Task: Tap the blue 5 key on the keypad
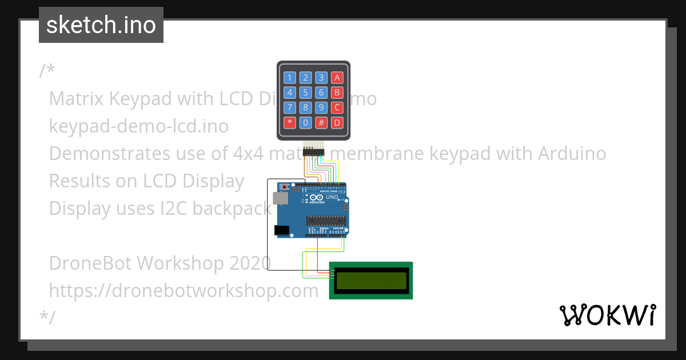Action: (306, 92)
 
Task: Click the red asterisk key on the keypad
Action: (290, 122)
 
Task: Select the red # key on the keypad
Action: (322, 122)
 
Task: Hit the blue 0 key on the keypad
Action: (306, 122)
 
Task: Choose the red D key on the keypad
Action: (337, 122)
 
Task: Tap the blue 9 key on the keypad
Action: (322, 107)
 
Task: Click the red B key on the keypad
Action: (337, 92)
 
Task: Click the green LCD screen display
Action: (371, 280)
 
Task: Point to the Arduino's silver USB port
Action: (280, 198)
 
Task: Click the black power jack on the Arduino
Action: (281, 230)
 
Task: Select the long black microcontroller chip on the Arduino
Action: (326, 220)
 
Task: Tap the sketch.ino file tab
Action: (101, 25)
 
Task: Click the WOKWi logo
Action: (607, 315)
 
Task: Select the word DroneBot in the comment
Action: (90, 263)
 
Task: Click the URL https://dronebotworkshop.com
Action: (184, 290)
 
